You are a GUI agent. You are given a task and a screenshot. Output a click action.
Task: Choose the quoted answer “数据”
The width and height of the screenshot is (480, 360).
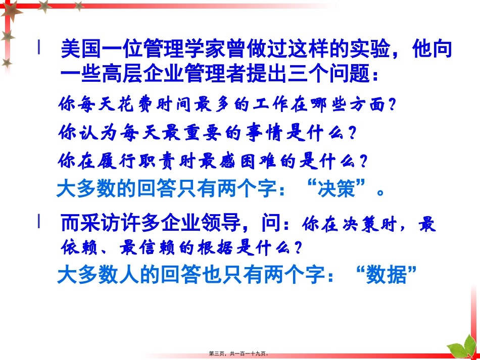tap(388, 275)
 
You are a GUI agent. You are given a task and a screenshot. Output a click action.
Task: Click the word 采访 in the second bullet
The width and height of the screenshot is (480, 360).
tap(101, 223)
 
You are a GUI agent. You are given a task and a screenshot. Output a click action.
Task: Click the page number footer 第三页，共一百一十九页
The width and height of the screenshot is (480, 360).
tap(239, 354)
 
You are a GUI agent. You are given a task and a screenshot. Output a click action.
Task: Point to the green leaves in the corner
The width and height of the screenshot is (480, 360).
tap(461, 348)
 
